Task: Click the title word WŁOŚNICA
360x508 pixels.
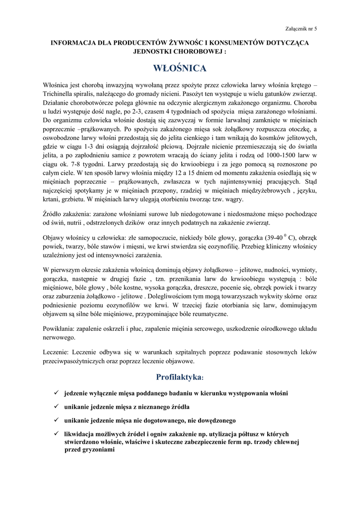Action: tap(180, 67)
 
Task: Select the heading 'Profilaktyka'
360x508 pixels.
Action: tap(179, 377)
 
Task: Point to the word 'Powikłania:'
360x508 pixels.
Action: tap(59, 329)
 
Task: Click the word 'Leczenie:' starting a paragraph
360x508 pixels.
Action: tap(56, 352)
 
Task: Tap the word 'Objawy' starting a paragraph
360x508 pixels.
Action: tap(54, 238)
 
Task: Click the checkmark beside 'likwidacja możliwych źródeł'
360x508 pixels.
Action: tap(57, 434)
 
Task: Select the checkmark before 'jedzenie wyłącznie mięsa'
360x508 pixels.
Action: tap(57, 393)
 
